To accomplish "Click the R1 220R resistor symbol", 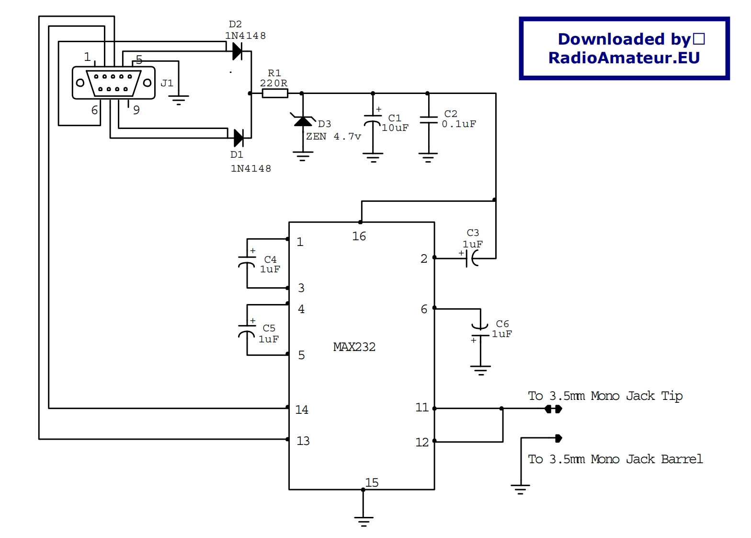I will click(x=275, y=94).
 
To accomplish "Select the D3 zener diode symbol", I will click(x=303, y=121).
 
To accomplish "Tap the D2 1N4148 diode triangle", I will click(x=237, y=51).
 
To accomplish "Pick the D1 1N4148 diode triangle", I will click(x=238, y=138).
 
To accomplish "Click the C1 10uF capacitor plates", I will click(x=373, y=119).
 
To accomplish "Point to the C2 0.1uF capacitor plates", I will click(x=428, y=120).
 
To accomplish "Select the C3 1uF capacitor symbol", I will click(x=472, y=259).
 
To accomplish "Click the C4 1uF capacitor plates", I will click(x=247, y=261).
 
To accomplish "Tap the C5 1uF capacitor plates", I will click(x=247, y=330).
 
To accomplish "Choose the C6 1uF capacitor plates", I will click(x=480, y=331).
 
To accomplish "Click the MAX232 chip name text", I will click(x=354, y=347).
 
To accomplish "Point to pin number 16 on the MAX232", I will click(x=359, y=236).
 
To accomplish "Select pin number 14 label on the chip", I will click(x=302, y=410).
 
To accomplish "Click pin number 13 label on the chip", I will click(x=303, y=441).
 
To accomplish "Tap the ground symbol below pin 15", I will click(x=364, y=521).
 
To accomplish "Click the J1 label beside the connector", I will click(x=167, y=83).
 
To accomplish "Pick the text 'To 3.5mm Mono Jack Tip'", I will click(x=605, y=396).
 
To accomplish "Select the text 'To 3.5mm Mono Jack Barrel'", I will click(x=615, y=459).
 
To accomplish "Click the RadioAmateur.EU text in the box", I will click(x=624, y=58).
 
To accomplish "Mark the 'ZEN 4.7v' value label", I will click(x=333, y=137).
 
